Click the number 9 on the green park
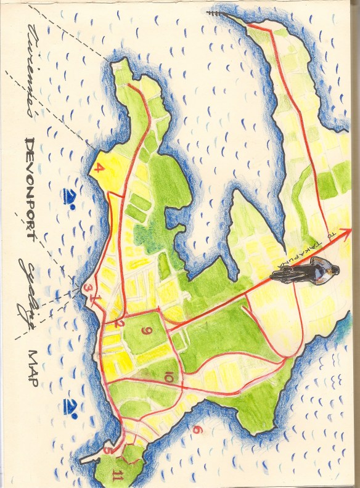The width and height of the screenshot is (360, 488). [146, 332]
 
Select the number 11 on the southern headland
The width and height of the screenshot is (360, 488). [117, 475]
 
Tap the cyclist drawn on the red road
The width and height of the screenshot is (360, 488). [305, 270]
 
